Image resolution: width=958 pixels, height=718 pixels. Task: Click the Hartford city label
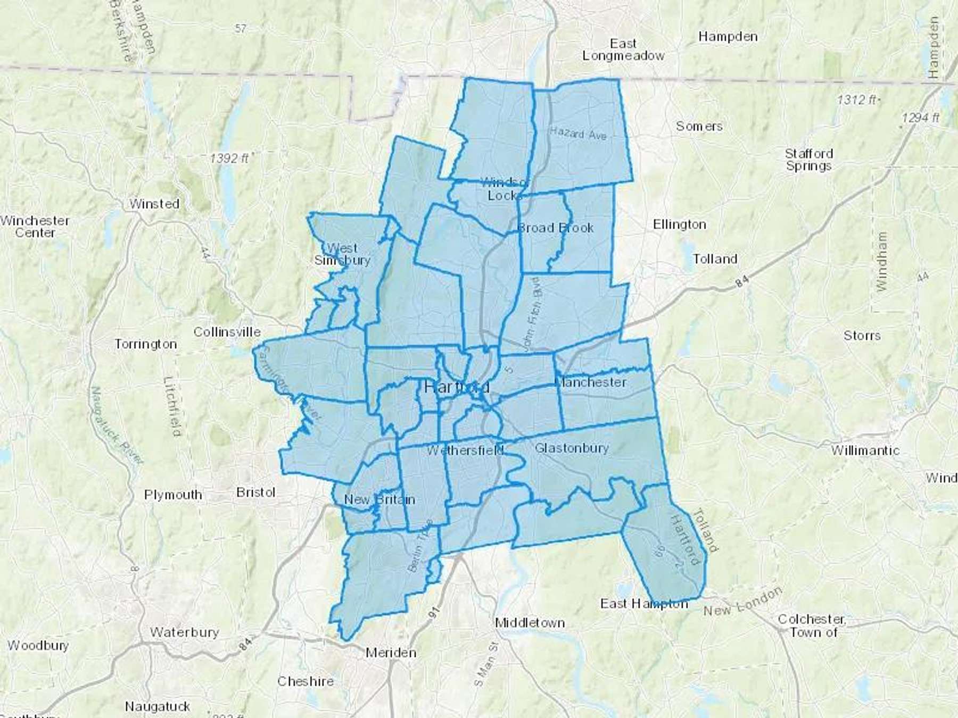click(457, 387)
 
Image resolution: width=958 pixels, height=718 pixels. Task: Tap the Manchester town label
click(590, 382)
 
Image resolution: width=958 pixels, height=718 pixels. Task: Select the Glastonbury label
click(572, 448)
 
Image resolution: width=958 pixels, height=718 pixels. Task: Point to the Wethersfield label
click(465, 451)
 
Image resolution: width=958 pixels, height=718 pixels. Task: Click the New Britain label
click(379, 500)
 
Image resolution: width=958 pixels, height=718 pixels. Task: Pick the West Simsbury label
click(342, 254)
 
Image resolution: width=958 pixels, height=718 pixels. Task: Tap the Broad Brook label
click(556, 228)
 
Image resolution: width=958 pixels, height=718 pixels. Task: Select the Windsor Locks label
click(503, 189)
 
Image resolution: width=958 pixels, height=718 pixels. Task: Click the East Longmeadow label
click(623, 49)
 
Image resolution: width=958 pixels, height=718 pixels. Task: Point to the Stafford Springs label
click(808, 160)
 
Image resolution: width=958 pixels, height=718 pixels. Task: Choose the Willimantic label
click(865, 451)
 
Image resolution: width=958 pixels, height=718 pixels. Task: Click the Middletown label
click(530, 623)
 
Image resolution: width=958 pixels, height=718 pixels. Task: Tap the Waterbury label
click(184, 632)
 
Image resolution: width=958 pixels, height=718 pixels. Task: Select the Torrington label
click(145, 344)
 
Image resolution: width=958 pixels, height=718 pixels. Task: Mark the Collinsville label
click(227, 332)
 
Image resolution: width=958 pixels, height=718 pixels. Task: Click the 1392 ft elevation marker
click(229, 158)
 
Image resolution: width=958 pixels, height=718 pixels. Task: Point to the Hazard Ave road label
click(578, 133)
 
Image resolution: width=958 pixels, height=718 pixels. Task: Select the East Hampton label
click(644, 604)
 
